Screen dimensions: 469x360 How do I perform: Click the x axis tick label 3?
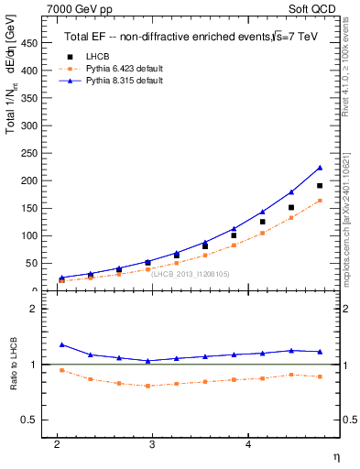(152, 444)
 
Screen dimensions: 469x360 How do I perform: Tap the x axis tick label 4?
(248, 444)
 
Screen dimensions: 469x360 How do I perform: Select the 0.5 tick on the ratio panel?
(29, 420)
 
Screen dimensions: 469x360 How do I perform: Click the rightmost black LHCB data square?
(320, 186)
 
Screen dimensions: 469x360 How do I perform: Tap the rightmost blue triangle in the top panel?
(320, 167)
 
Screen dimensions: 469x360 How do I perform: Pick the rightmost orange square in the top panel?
(320, 201)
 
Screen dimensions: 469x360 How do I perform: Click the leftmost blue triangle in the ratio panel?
(61, 344)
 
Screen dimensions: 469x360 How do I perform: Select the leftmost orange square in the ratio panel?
(61, 370)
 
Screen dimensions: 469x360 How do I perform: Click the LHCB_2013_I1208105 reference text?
(191, 274)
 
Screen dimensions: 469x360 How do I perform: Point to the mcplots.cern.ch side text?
(351, 220)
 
